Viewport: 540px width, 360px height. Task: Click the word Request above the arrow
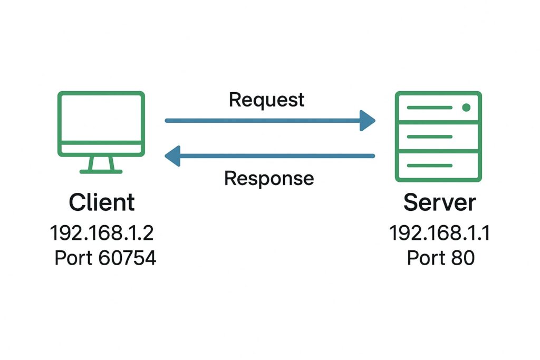pos(266,100)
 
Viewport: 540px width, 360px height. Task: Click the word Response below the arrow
pos(269,178)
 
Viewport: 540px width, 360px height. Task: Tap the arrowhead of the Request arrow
pos(367,121)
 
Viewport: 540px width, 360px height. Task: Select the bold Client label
pos(102,202)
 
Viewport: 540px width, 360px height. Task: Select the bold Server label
pos(439,202)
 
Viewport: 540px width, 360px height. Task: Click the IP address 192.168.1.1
pos(439,232)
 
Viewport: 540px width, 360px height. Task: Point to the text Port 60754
pos(105,259)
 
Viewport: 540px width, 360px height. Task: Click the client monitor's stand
pos(101,165)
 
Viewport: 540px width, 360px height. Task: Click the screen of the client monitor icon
pos(101,118)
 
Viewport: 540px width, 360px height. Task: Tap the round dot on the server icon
pos(466,108)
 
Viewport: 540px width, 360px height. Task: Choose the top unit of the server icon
pos(438,108)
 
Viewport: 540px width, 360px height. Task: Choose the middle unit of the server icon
pos(438,137)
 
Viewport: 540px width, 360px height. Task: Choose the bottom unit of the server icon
pos(438,166)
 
